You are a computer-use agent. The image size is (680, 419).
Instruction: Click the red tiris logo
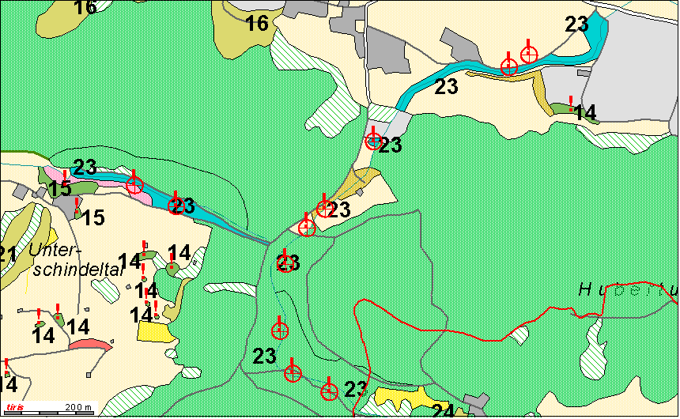13,407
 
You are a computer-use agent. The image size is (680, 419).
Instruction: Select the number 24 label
443,411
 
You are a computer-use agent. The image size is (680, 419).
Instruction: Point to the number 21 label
7,255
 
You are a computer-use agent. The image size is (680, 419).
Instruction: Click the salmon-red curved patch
89,344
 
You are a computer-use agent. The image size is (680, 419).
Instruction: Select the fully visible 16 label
257,24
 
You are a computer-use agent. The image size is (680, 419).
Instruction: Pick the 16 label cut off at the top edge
85,7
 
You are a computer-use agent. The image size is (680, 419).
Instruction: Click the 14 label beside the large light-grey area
585,112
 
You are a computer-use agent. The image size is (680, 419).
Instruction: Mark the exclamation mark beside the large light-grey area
572,100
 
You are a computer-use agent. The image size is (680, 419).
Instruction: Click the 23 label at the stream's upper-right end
576,25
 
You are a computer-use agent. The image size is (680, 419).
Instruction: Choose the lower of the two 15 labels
93,217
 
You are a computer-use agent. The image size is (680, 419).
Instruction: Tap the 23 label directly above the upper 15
85,167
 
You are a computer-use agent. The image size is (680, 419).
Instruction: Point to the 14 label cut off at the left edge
8,384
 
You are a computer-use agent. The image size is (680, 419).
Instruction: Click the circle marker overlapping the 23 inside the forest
285,263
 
